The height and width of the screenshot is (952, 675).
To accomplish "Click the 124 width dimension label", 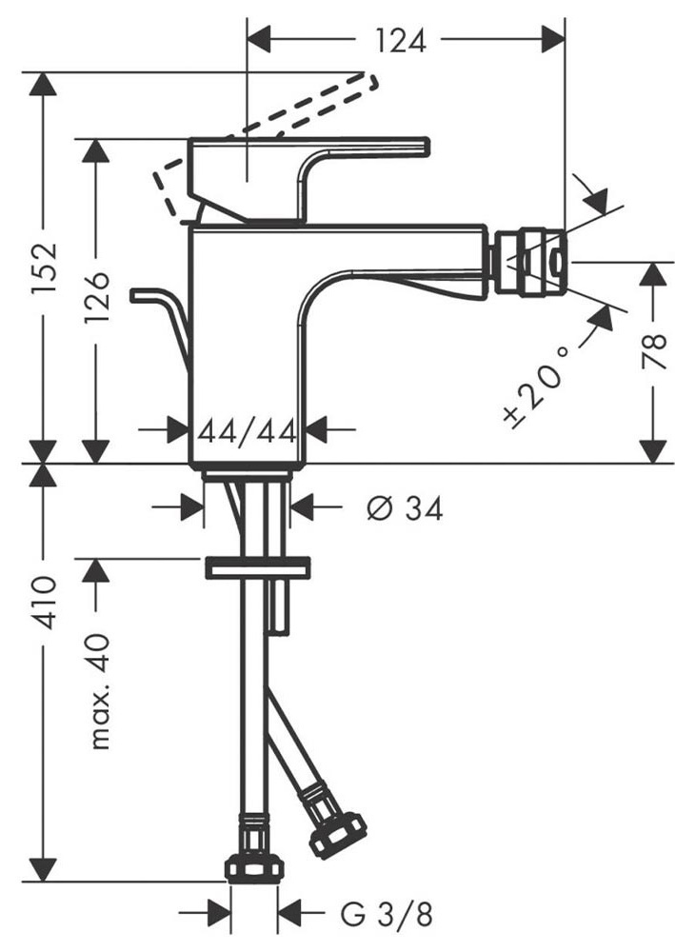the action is (x=401, y=40).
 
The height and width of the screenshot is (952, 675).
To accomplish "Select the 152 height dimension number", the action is (x=44, y=268).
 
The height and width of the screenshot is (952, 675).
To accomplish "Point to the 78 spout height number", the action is (x=654, y=352).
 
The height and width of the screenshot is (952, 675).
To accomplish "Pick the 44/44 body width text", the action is (x=248, y=431).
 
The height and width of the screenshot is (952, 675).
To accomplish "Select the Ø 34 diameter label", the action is (x=405, y=507).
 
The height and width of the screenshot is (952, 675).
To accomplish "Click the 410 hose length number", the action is (x=44, y=603).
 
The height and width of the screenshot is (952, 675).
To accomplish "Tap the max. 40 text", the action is (x=97, y=691).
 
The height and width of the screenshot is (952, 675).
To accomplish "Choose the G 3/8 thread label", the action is (x=387, y=914).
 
